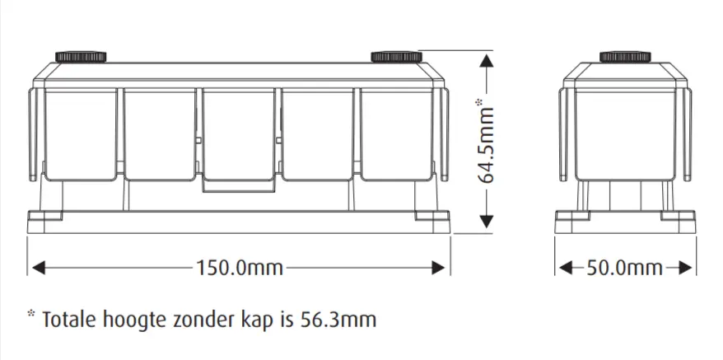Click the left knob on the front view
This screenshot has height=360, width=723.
82,56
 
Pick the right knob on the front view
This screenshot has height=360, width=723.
396,56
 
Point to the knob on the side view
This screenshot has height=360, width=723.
625,56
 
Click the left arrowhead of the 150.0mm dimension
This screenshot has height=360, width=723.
35,268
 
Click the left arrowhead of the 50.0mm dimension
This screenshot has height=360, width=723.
564,268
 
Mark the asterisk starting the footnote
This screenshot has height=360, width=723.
31,315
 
